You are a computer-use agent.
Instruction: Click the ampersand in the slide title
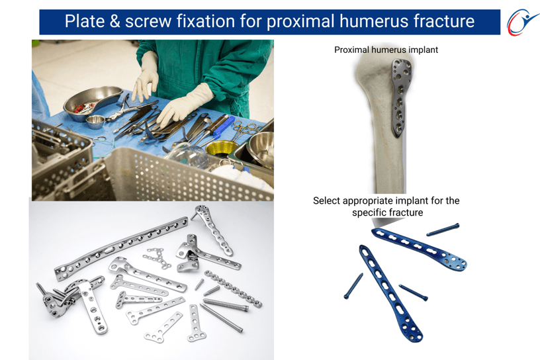[115, 21]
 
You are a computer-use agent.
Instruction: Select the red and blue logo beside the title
[522, 22]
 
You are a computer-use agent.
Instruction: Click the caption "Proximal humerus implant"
[386, 50]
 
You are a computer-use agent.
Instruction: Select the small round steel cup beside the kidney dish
[95, 122]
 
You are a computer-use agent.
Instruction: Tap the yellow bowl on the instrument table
[222, 148]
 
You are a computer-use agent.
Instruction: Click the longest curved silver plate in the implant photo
[121, 247]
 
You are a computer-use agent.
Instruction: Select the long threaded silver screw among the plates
[226, 305]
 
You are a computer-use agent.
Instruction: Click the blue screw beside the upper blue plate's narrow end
[443, 230]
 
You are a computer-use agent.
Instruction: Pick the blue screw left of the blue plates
[353, 286]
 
